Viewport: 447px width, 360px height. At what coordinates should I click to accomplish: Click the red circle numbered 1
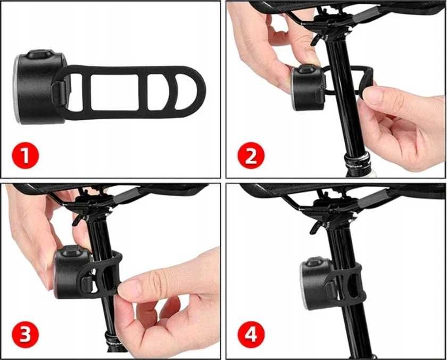point(26,155)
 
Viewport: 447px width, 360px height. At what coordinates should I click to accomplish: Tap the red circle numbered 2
point(251,155)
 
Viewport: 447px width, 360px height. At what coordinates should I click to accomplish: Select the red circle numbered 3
point(26,334)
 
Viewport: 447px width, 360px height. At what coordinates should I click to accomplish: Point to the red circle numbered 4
point(251,334)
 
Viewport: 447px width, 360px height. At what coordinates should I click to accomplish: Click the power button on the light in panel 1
point(39,54)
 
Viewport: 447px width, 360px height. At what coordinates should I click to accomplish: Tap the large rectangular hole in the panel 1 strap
point(114,93)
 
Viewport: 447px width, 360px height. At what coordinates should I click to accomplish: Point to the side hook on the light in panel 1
point(59,93)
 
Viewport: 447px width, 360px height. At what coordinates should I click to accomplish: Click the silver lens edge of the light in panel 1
point(17,89)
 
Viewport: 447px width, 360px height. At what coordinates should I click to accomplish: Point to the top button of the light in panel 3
point(71,250)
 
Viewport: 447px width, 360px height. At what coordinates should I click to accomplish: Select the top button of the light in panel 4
point(316,262)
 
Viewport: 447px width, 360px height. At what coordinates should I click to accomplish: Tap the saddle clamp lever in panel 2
point(317,39)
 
